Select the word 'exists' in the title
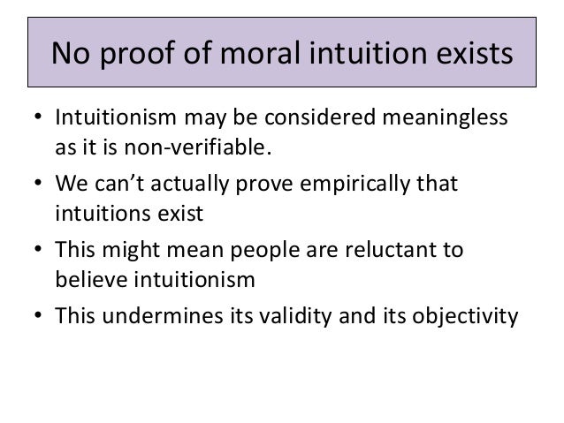(469, 55)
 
